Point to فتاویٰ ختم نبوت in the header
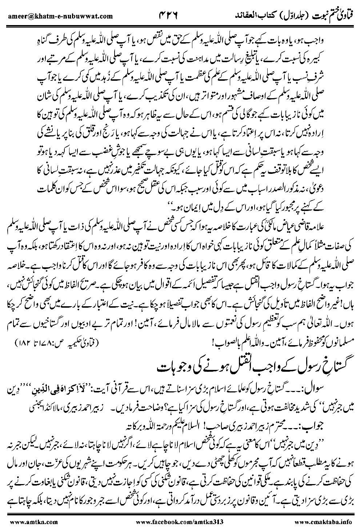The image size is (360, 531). coord(332,15)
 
